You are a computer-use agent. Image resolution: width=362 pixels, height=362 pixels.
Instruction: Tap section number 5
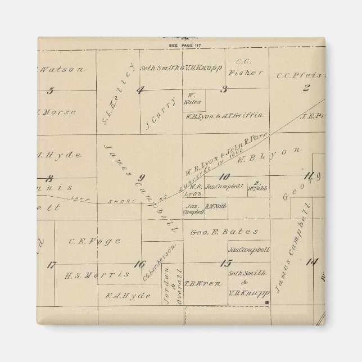51,90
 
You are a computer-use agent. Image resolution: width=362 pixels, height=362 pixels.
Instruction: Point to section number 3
224,89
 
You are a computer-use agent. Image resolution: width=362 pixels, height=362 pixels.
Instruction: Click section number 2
306,88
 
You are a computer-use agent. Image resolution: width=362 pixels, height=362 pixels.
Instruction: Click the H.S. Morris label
97,275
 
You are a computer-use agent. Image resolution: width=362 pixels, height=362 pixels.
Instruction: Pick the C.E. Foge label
94,242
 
